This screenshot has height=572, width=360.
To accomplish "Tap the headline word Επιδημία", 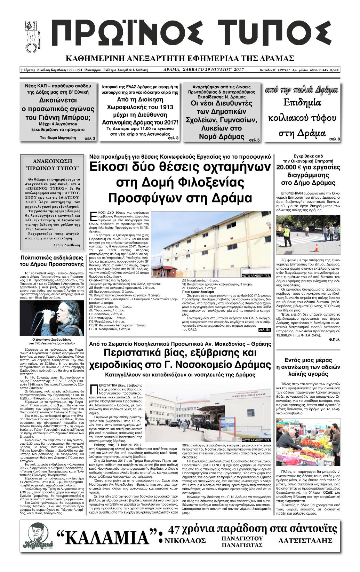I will click(x=303, y=104).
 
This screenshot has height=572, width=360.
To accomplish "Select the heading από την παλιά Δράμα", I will click(x=302, y=90).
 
